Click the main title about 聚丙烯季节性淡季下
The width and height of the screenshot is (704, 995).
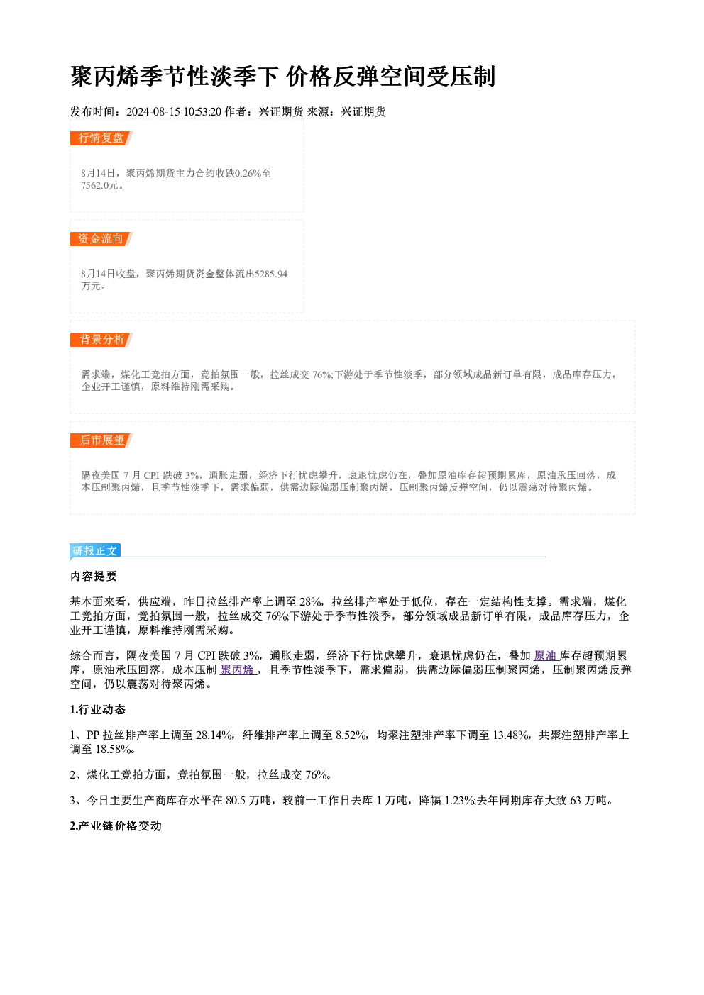coord(282,77)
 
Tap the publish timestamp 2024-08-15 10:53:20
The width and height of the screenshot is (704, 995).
coord(174,111)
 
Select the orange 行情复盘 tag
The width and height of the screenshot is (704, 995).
coord(101,138)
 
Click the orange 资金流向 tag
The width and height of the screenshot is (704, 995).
coord(101,238)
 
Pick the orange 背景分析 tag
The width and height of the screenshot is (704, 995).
coord(101,340)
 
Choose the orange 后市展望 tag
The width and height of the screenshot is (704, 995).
coord(101,440)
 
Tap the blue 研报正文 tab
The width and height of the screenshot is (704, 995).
coord(95,551)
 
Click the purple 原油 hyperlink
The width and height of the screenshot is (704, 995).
coord(545,655)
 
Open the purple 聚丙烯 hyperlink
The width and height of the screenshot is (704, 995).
coord(237,670)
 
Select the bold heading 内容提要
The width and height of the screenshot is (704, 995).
coord(94,576)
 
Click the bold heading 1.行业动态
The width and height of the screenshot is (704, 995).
coord(98,709)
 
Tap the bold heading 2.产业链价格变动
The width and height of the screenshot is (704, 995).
coord(116,826)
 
